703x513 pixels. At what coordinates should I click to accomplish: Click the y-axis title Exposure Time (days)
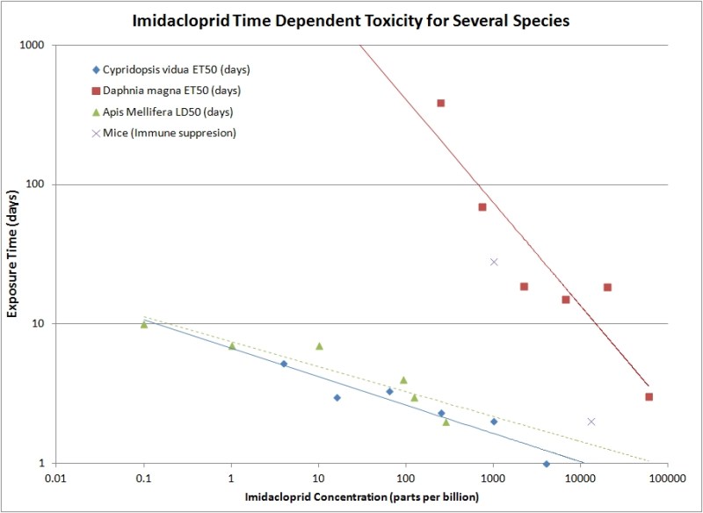(x=14, y=253)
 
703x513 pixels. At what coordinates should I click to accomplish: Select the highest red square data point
(x=441, y=103)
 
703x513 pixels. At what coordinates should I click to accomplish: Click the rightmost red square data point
(x=649, y=397)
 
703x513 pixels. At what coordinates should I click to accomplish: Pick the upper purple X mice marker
(x=494, y=262)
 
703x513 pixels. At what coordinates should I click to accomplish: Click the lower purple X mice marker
(x=591, y=422)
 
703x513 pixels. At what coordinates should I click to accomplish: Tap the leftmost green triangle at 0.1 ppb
(x=144, y=324)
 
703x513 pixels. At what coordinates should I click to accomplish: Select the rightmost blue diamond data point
(x=547, y=464)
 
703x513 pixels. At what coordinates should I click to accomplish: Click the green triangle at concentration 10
(x=319, y=346)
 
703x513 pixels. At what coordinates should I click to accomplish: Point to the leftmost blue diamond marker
(x=284, y=364)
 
